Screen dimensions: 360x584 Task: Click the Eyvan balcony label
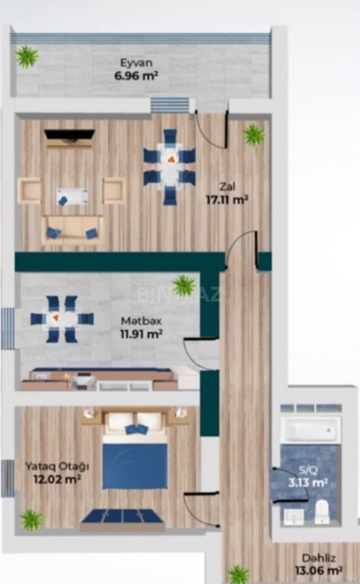click(x=136, y=63)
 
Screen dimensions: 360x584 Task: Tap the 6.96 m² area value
click(x=136, y=76)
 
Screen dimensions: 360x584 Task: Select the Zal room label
click(x=227, y=187)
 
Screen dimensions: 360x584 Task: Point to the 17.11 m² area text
click(x=227, y=200)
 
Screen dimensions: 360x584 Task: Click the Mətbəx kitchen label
click(x=141, y=321)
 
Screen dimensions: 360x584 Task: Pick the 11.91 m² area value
click(x=141, y=334)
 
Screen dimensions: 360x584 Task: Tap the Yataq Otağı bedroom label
click(x=57, y=466)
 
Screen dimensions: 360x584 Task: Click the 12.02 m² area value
click(x=57, y=479)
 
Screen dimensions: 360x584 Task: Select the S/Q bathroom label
click(x=308, y=470)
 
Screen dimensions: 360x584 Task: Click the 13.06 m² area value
click(x=319, y=571)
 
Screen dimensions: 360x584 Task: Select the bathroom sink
click(x=293, y=516)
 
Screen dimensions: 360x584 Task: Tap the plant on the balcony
click(x=27, y=56)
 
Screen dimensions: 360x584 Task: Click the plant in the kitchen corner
click(x=184, y=285)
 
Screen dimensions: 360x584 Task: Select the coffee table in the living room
click(x=72, y=197)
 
